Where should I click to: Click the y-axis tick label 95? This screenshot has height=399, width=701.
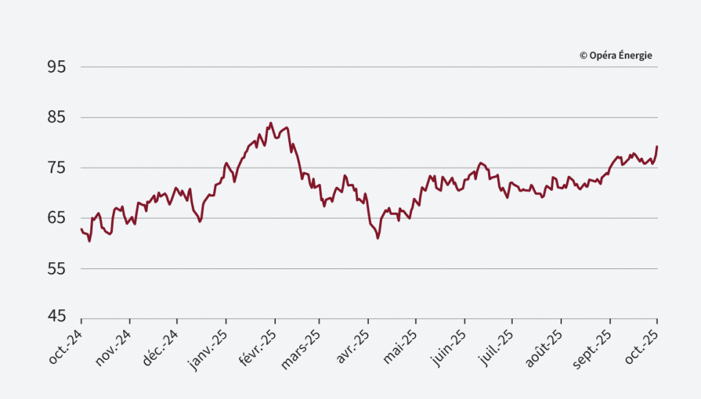pyautogui.click(x=56, y=67)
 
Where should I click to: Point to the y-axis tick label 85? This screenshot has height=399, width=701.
pyautogui.click(x=56, y=118)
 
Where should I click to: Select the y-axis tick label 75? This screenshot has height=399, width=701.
pyautogui.click(x=56, y=168)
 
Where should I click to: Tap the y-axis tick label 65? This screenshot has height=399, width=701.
pyautogui.click(x=56, y=218)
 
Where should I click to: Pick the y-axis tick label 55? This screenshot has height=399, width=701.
pyautogui.click(x=56, y=269)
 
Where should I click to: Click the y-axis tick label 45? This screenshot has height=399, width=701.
pyautogui.click(x=56, y=317)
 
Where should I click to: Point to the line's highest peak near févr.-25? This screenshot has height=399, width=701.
pyautogui.click(x=270, y=123)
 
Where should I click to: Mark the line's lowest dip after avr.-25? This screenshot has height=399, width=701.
pyautogui.click(x=378, y=238)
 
